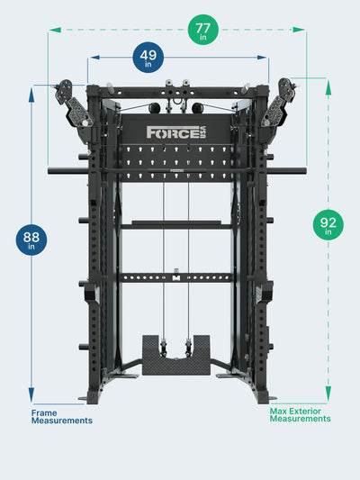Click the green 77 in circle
(x=203, y=30)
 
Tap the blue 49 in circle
(x=148, y=58)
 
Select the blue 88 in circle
(x=31, y=240)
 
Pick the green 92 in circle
(x=328, y=225)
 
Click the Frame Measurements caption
(x=62, y=417)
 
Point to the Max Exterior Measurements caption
(x=300, y=415)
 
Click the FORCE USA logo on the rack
(x=176, y=132)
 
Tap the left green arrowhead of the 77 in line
(x=55, y=30)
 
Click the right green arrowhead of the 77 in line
(x=299, y=30)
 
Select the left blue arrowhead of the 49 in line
(x=95, y=58)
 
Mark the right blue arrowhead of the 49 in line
(x=262, y=58)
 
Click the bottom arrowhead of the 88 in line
(x=31, y=394)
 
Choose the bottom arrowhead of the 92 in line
(x=328, y=394)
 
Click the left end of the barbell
(x=49, y=171)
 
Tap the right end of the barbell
(x=305, y=171)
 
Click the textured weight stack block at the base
(x=176, y=355)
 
